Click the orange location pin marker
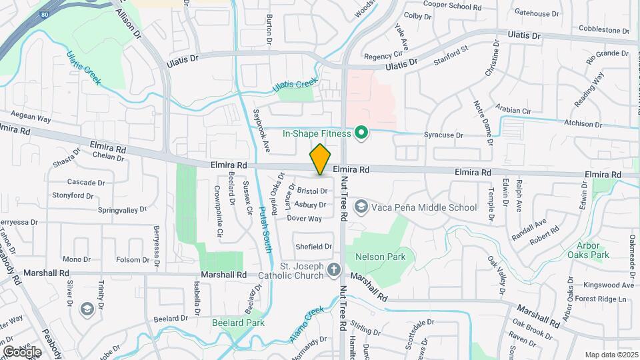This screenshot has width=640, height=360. (321, 159)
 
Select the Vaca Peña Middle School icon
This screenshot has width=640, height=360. (361, 207)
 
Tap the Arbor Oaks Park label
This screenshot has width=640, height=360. (593, 250)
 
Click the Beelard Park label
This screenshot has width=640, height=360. (238, 323)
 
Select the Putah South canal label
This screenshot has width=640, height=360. (265, 229)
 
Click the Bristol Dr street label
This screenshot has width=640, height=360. (312, 191)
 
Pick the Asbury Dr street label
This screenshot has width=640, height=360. (310, 205)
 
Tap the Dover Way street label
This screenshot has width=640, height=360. (305, 218)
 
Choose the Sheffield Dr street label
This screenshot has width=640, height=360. (313, 246)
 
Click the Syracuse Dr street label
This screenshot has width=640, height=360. (443, 135)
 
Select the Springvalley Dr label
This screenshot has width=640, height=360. (122, 210)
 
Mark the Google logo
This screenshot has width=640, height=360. (22, 352)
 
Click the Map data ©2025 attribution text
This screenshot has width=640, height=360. (611, 355)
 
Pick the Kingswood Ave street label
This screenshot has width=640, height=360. (608, 285)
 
